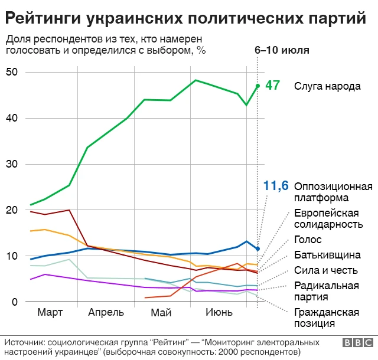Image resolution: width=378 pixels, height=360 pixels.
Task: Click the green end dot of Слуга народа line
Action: [x=258, y=86]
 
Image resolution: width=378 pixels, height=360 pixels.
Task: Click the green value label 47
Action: [x=272, y=85]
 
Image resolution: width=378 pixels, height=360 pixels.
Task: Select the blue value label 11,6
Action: [x=276, y=186]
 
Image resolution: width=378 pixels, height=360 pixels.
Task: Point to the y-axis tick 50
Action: [x=12, y=72]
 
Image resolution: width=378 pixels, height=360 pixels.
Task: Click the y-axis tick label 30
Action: [x=12, y=164]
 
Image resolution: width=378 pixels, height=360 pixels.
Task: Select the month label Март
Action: [x=50, y=312]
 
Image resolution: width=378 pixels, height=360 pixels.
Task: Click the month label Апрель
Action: [x=106, y=312]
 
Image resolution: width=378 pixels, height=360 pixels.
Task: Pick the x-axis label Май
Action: [x=161, y=312]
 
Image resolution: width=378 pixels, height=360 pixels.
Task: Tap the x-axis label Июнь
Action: [x=218, y=312]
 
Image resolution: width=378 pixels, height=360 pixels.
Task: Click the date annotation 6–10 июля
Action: [x=282, y=50]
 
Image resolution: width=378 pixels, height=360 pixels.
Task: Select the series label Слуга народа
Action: [x=327, y=86]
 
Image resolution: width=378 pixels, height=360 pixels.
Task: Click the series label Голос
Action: [x=307, y=240]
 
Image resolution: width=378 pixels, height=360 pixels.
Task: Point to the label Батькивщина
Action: [x=327, y=255]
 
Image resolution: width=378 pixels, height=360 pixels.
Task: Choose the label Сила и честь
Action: [x=325, y=270]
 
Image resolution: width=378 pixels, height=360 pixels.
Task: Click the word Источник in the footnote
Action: [x=24, y=342]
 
